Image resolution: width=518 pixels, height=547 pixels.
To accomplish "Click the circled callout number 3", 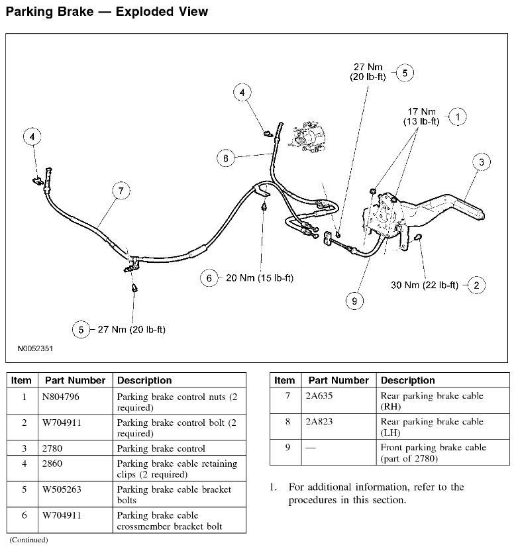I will pos(482,162).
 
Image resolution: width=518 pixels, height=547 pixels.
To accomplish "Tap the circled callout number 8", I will pos(226,158).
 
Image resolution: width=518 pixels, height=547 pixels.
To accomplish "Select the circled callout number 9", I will pos(355,301).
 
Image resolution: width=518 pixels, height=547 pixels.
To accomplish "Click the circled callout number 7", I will pos(121,191).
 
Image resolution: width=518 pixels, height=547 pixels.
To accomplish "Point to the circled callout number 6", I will pos(209,278).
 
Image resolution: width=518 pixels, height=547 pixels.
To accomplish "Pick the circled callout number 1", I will pos(457,117).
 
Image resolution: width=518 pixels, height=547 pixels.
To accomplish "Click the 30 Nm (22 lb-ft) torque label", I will pos(424,285).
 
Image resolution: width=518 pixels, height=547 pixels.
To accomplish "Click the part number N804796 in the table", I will pos(64,397).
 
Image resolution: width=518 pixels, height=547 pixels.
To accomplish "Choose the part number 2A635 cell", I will pos(320,396).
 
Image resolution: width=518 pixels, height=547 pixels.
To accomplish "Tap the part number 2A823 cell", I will pos(320,422).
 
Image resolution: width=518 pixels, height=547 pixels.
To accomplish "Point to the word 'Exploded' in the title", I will pos(140,11).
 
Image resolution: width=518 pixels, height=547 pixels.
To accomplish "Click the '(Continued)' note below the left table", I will pos(28,540).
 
